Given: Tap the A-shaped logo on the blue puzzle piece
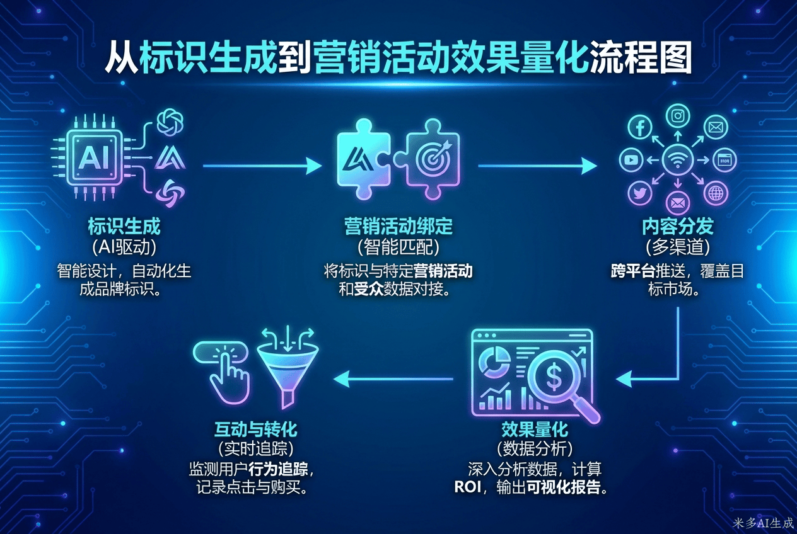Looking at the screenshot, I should (x=361, y=161).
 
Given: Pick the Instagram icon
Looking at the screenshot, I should (x=678, y=116).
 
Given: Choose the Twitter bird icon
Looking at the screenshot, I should (x=640, y=193).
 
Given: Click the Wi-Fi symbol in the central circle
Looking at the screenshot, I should (x=678, y=161).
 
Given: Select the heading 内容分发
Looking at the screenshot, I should (x=677, y=225).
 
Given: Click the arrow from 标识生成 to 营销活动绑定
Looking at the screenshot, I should (x=262, y=166).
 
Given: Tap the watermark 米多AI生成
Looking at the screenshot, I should (x=763, y=523).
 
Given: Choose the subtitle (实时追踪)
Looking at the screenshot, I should (x=255, y=450).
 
